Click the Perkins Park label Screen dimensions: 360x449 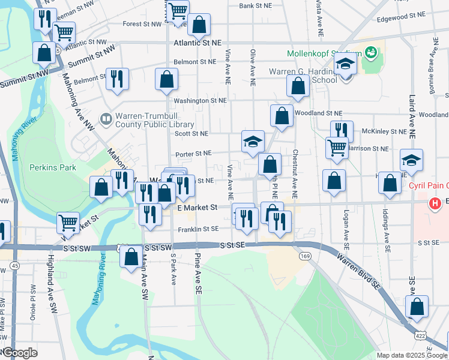tap(53, 167)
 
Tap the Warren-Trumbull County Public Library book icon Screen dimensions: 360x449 tap(106, 119)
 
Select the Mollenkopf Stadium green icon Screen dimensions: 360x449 tap(371, 53)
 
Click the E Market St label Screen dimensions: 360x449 tap(197, 207)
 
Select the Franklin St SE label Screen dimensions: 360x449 tap(197, 229)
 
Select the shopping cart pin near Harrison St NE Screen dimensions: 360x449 tap(337, 147)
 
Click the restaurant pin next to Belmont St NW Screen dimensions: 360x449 tap(116, 79)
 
